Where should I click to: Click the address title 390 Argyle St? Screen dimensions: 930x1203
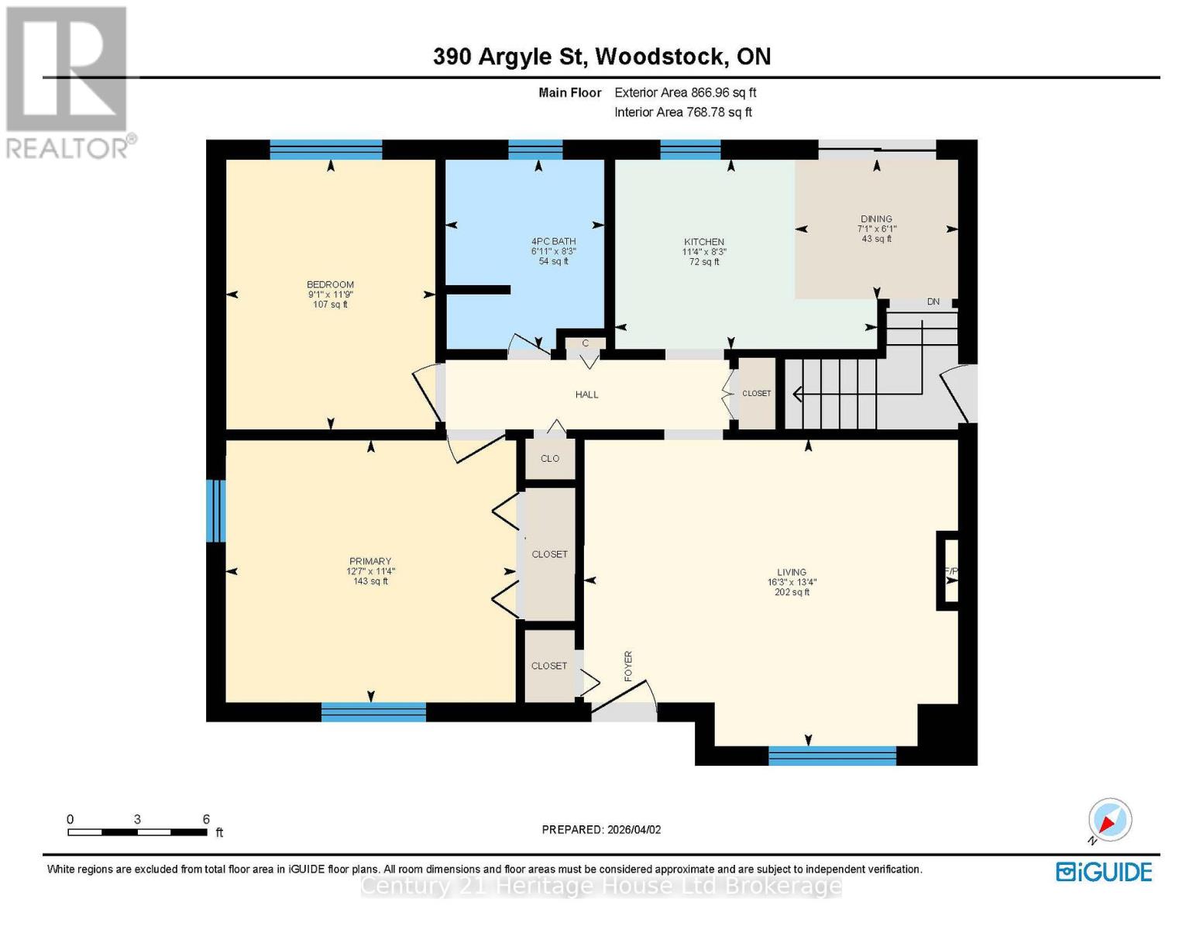click(601, 57)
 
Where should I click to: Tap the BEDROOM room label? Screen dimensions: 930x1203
click(330, 284)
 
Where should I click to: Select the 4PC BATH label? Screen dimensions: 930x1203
click(553, 241)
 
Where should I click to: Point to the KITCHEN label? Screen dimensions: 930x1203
click(703, 242)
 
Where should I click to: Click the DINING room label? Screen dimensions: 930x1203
click(876, 219)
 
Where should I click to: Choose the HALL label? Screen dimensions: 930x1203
click(586, 394)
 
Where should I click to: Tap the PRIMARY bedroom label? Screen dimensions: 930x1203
click(370, 561)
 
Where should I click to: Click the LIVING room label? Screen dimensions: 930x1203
click(792, 572)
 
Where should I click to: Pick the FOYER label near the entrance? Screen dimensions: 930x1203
click(628, 666)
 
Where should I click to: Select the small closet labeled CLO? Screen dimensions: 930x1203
click(550, 459)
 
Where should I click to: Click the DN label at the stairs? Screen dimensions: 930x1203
click(933, 301)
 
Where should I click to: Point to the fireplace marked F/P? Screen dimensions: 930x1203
click(950, 571)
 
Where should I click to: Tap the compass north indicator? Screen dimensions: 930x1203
click(1109, 820)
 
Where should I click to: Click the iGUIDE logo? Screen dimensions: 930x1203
click(1104, 872)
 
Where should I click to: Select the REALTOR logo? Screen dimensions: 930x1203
click(68, 81)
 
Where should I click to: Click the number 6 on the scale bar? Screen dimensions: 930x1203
click(206, 819)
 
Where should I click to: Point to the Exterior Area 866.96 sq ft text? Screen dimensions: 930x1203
click(685, 92)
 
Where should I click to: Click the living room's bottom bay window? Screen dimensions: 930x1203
click(832, 756)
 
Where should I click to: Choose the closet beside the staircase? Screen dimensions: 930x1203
click(757, 394)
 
